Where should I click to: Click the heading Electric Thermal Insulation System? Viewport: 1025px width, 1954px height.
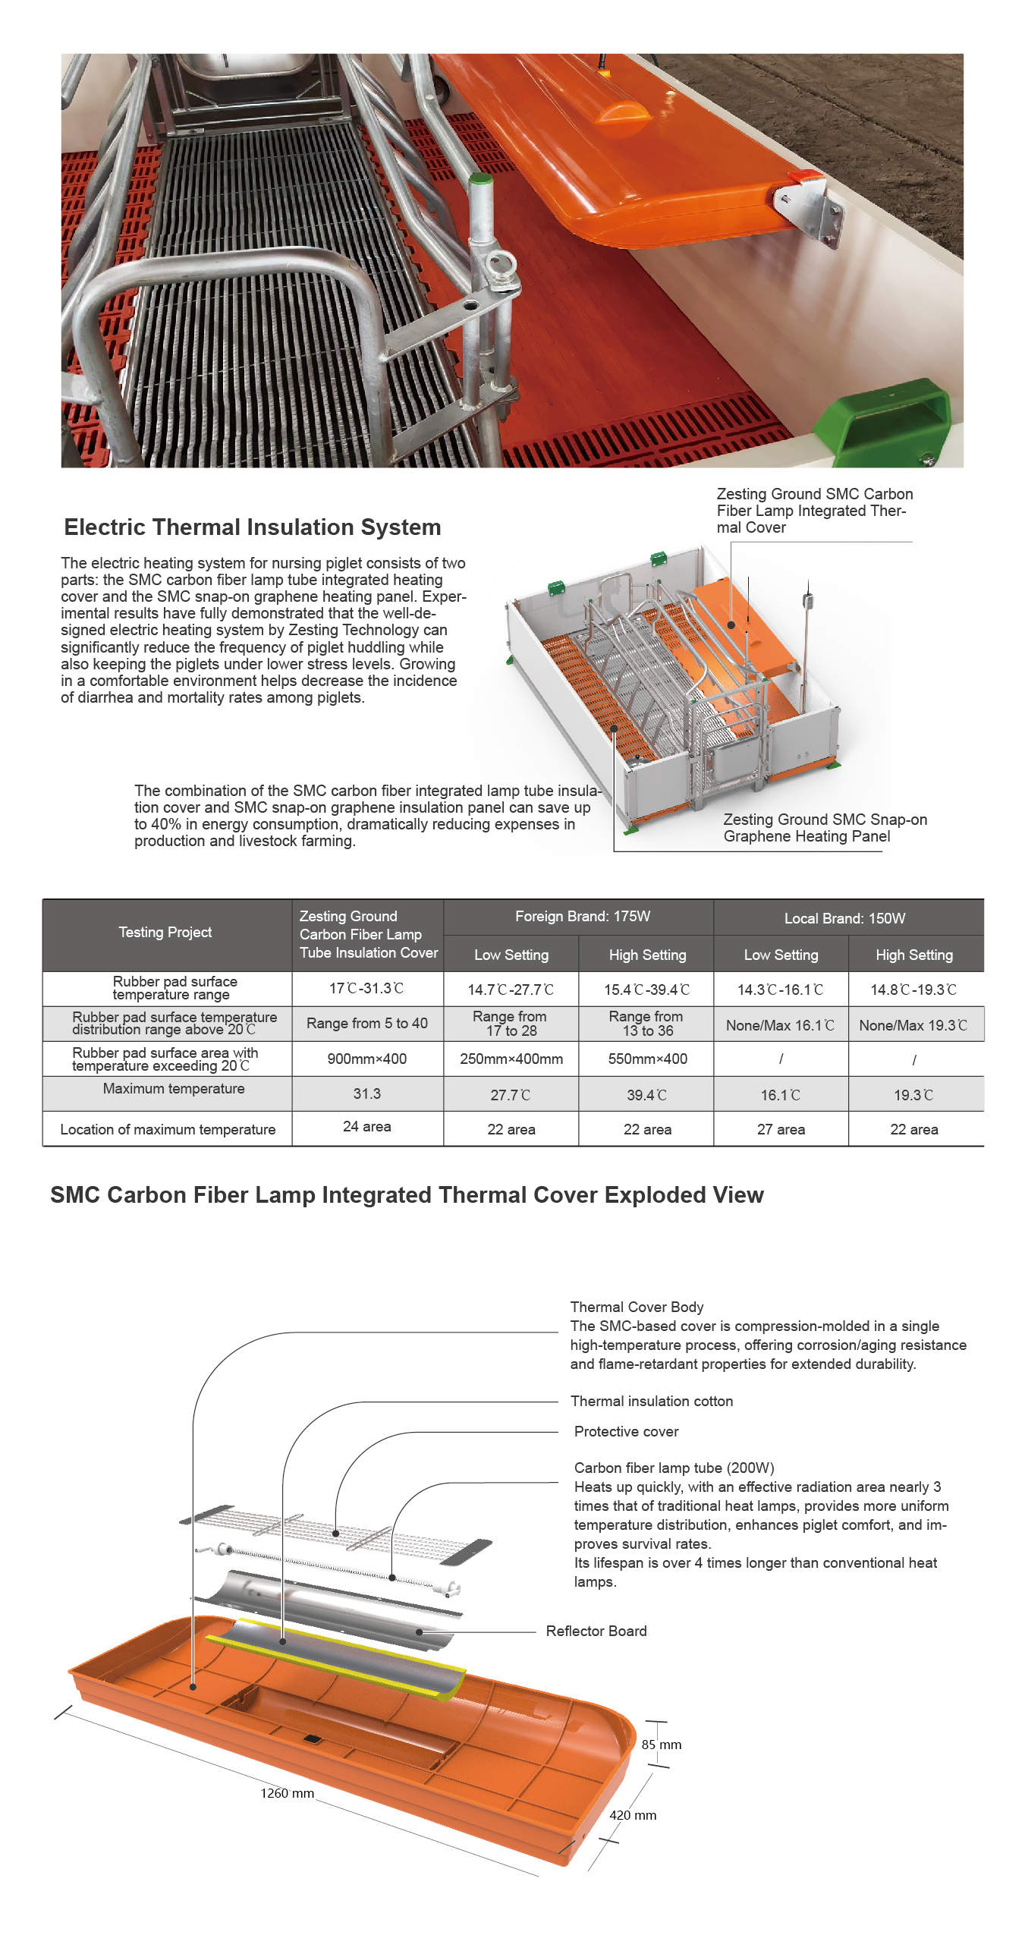[x=252, y=527]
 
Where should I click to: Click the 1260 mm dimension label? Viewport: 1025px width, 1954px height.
[x=287, y=1793]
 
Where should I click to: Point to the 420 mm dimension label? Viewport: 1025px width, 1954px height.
[x=633, y=1815]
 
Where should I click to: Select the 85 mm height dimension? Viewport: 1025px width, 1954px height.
[x=662, y=1745]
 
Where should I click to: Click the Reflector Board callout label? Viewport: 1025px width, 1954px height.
[x=596, y=1631]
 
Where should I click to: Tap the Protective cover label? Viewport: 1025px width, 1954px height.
[x=626, y=1431]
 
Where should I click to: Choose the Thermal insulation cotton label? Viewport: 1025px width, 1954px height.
[x=652, y=1401]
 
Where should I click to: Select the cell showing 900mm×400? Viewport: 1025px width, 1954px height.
[x=367, y=1059]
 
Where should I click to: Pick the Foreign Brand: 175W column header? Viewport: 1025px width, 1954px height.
[x=582, y=916]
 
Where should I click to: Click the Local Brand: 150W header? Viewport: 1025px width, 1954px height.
[x=844, y=918]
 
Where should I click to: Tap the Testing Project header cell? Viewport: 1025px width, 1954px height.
[x=165, y=932]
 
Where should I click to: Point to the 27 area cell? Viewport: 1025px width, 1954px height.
[x=781, y=1129]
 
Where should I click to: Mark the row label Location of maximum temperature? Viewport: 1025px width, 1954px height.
[x=168, y=1129]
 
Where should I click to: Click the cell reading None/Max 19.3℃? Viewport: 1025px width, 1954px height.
[x=913, y=1025]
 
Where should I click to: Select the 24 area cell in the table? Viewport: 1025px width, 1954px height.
[x=367, y=1127]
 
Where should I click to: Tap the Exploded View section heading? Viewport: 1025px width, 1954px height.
[x=407, y=1195]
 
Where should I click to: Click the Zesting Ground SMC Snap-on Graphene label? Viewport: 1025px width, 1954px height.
[x=825, y=828]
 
